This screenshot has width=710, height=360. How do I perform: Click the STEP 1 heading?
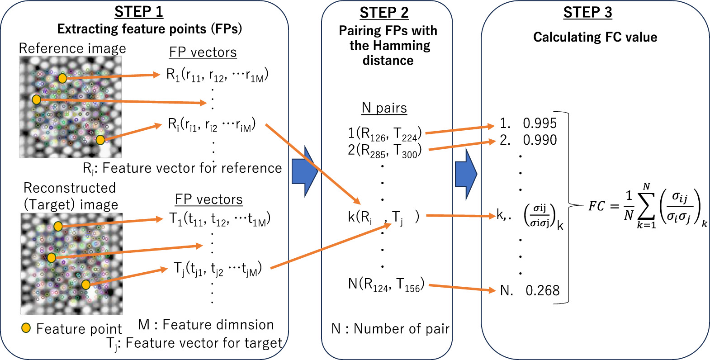pos(138,12)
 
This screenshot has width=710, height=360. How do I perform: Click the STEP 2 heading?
pos(384,13)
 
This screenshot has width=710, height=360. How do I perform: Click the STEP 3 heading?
pos(587,13)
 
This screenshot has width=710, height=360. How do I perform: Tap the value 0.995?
pos(540,123)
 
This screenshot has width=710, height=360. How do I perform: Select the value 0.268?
pos(542,290)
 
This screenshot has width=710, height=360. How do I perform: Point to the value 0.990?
pos(540,140)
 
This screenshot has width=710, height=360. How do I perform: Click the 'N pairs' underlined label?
pos(384,108)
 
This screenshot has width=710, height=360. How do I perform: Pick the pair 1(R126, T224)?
pos(384,133)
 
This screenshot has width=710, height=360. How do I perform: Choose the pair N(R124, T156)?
pos(386,285)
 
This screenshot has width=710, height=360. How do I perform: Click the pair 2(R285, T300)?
pos(384,151)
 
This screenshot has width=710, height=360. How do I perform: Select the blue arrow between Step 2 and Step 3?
pos(466,174)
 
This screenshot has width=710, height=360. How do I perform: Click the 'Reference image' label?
pos(72,48)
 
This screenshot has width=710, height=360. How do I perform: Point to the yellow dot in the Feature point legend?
pos(26,328)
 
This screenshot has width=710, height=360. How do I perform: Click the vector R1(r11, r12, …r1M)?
pos(217,75)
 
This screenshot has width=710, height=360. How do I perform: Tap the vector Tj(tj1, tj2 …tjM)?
pos(218,269)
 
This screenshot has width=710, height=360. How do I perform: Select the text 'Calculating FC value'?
pos(595,37)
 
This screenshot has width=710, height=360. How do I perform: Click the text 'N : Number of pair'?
pos(390,329)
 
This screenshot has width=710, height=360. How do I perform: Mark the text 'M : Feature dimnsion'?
pos(206,325)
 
